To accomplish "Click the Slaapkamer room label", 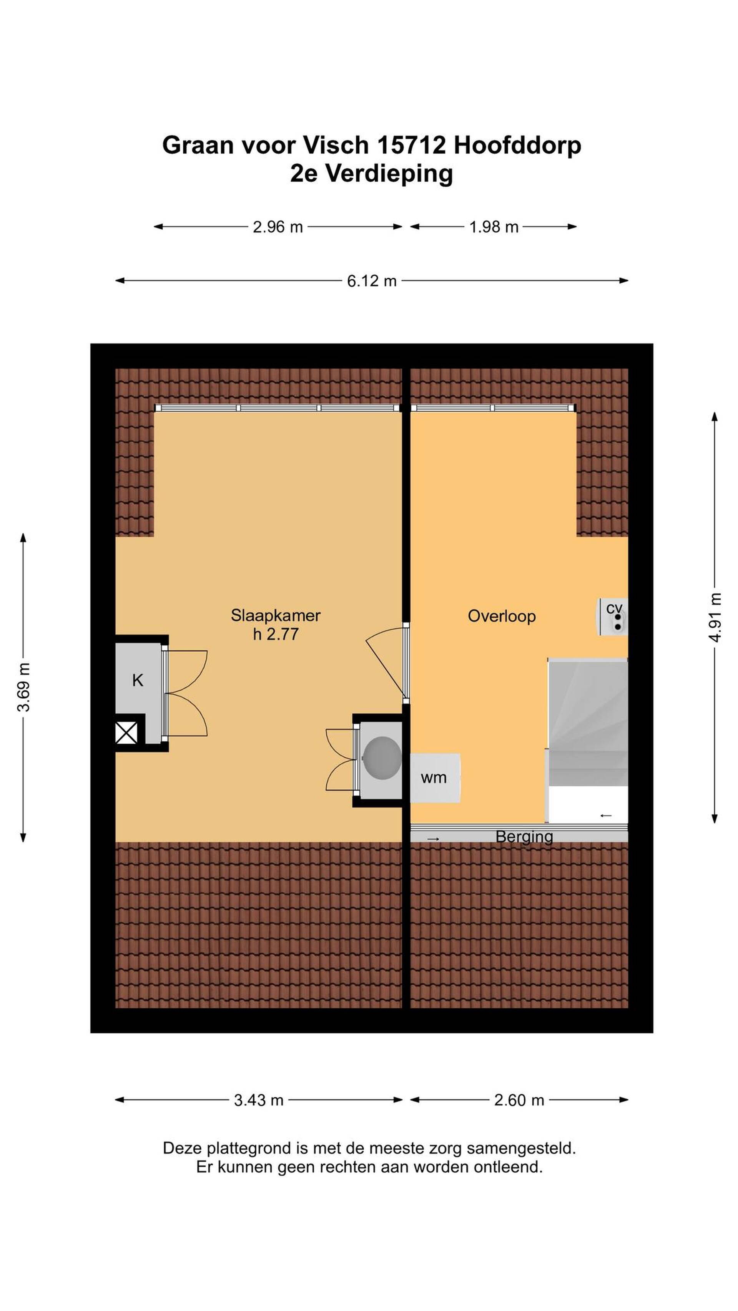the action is coord(275,615).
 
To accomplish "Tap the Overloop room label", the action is coord(501,616).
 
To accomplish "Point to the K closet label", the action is coord(138,680).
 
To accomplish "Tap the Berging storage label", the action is coord(524,837).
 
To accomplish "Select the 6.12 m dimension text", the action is coord(371,281).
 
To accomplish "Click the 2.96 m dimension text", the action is coord(278,227).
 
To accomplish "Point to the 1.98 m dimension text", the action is coord(494,227).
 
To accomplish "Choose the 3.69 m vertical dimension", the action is coord(23,688).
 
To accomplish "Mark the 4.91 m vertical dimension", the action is coord(715,617).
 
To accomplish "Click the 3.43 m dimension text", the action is coord(258,1100).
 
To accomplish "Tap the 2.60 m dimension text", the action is coord(519,1100).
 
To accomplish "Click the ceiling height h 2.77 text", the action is coord(276,634).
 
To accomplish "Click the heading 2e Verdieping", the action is coord(371,174).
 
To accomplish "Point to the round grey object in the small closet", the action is coord(382,758).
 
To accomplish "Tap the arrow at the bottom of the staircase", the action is coord(605,816).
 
